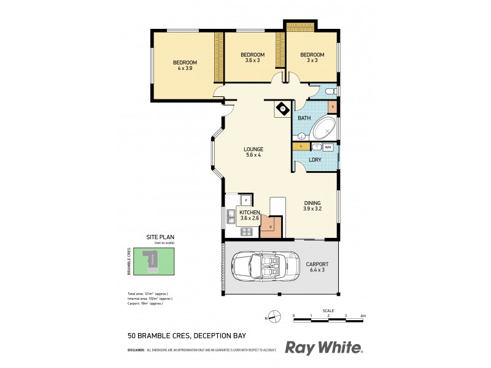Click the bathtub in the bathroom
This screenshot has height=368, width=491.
click(323, 130)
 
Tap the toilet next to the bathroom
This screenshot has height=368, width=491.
click(330, 92)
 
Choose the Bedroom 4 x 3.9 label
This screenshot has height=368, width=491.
click(185, 66)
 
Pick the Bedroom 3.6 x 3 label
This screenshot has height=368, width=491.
click(249, 59)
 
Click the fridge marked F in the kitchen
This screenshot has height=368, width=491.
click(245, 200)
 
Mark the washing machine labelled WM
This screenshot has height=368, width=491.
click(328, 147)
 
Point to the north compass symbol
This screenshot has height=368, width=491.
click(275, 316)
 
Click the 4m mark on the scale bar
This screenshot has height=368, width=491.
click(363, 316)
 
